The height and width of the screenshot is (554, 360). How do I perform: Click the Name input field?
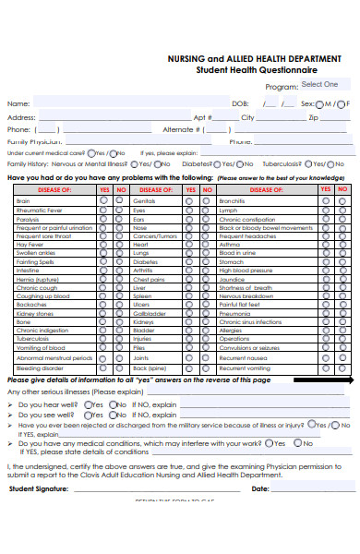[x=129, y=104]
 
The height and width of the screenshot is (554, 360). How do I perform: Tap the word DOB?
[x=240, y=104]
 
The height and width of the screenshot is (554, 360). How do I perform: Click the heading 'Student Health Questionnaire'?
[x=256, y=69]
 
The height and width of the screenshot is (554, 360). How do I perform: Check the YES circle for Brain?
[x=104, y=200]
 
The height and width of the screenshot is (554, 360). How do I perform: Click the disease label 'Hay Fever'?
[x=30, y=244]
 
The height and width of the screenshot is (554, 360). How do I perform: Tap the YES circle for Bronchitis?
[x=325, y=200]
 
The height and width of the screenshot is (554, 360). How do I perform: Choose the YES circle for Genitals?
[x=191, y=200]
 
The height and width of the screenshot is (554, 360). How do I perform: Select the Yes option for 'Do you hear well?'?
[x=88, y=403]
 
